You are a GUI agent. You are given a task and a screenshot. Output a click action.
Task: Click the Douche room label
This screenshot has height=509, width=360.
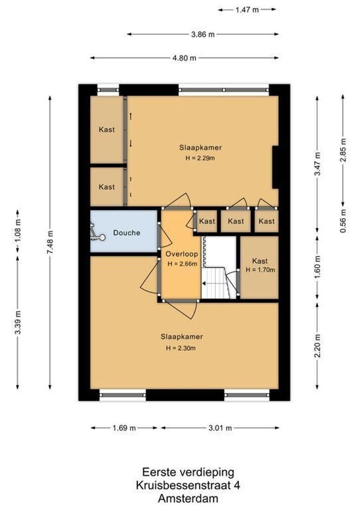tap(127, 233)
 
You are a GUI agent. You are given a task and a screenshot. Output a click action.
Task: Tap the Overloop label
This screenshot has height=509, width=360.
tap(181, 254)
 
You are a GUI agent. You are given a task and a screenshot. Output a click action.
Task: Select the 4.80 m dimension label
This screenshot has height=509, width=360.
tap(184, 58)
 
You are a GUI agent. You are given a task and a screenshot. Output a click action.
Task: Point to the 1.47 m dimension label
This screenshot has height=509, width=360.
tap(247, 10)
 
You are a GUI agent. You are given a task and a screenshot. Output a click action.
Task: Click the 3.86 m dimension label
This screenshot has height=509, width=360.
tap(203, 34)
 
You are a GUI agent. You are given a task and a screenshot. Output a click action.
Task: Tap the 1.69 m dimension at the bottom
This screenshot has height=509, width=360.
tap(124, 428)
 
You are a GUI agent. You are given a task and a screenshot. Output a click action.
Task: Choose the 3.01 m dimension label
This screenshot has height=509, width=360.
tap(220, 428)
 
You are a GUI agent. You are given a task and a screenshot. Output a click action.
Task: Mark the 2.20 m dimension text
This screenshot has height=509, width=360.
tap(318, 346)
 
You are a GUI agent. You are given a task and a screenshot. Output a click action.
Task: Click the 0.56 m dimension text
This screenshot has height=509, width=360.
tap(344, 221)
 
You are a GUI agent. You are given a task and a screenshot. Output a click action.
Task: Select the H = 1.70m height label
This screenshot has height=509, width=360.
tap(260, 270)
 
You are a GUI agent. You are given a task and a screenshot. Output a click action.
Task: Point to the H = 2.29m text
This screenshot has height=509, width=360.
tap(200, 158)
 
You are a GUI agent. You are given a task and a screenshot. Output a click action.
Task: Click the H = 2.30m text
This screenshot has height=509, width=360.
tap(181, 348)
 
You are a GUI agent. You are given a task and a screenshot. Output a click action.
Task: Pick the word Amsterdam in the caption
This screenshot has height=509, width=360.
tap(188, 498)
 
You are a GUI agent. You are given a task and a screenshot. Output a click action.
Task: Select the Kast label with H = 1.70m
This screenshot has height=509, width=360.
tap(260, 261)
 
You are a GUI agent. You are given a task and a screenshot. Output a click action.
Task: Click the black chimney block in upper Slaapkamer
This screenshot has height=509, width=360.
tap(275, 167)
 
